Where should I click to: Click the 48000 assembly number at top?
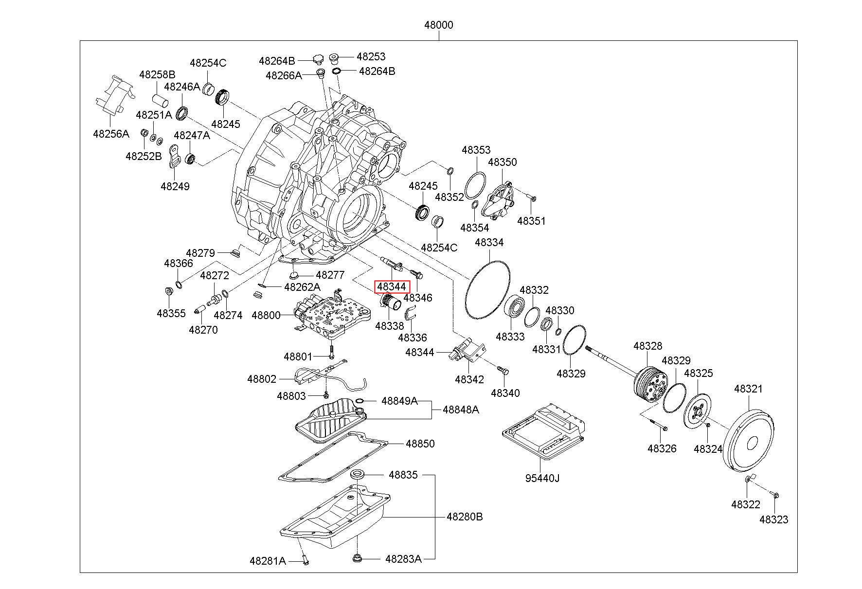[438, 25]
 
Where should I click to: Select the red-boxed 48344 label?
[392, 287]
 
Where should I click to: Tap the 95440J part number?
[542, 478]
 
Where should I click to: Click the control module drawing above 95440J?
[542, 430]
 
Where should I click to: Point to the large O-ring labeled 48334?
[487, 290]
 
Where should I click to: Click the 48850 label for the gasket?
[420, 444]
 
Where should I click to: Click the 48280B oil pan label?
[465, 517]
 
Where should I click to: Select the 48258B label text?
[157, 75]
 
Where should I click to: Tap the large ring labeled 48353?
[475, 185]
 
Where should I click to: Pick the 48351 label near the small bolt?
[531, 221]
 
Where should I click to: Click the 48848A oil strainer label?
[461, 410]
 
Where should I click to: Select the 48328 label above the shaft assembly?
[647, 346]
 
